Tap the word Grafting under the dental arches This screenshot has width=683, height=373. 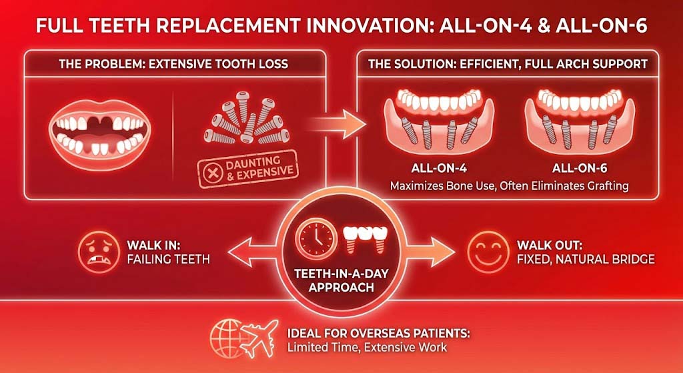(604, 185)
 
